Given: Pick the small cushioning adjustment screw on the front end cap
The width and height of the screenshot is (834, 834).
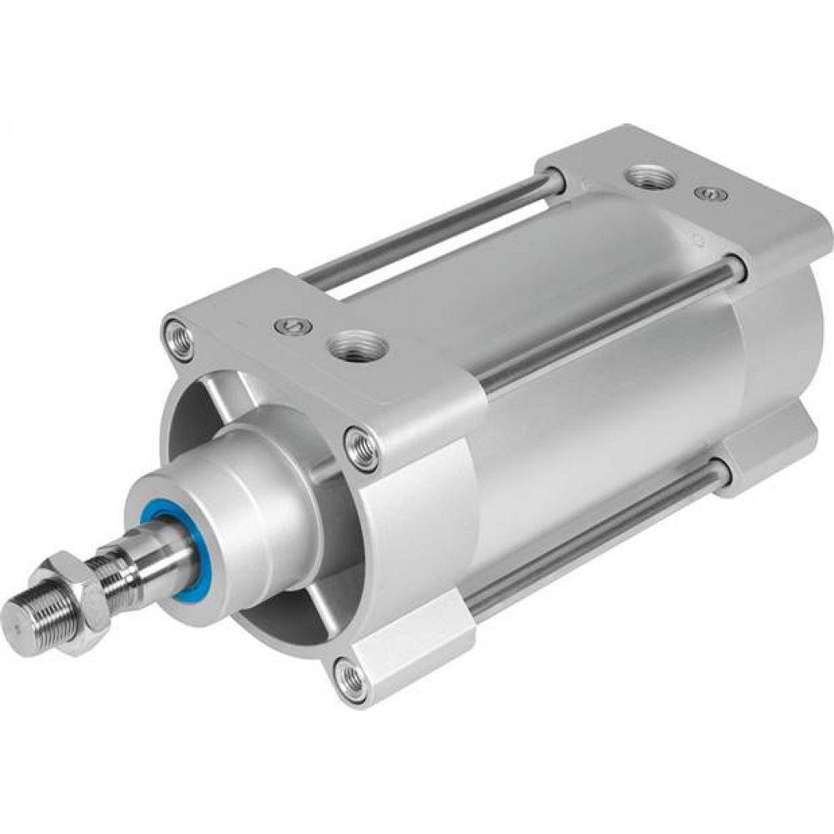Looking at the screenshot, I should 293,326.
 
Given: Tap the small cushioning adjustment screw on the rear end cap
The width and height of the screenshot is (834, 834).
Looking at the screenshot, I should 709,193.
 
